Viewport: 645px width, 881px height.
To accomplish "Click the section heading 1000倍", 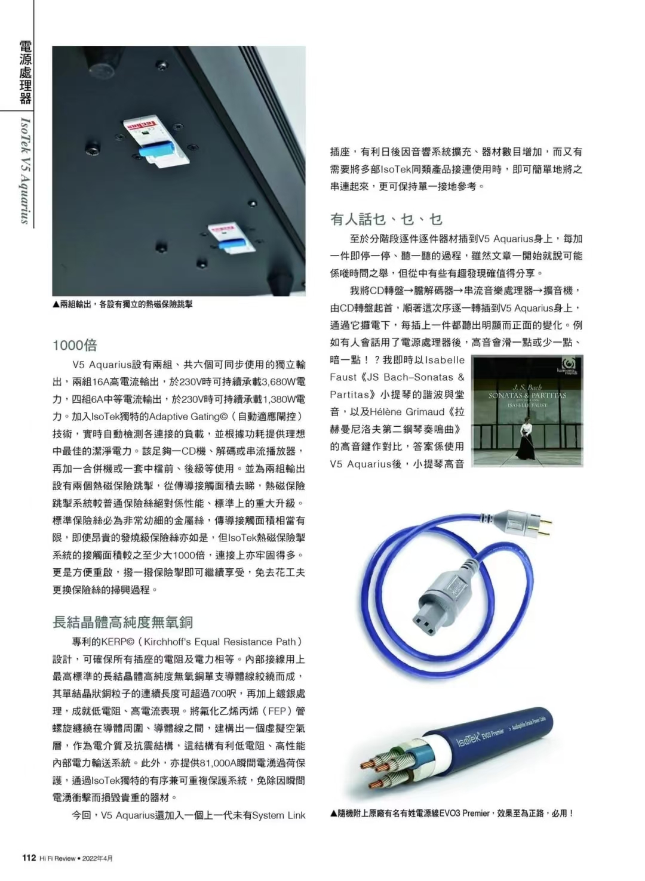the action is (75, 346).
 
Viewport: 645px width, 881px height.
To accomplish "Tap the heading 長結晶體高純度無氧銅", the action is (123, 622).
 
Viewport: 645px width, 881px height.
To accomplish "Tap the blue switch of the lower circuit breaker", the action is (228, 245).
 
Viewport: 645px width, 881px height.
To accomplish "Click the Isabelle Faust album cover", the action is (527, 411).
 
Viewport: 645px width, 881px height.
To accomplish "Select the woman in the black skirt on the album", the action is (525, 440).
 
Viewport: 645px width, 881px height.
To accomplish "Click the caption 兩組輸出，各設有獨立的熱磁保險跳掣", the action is (122, 304).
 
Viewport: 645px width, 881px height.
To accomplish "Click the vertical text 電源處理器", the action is (26, 72).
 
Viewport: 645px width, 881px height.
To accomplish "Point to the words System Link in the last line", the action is (279, 815).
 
